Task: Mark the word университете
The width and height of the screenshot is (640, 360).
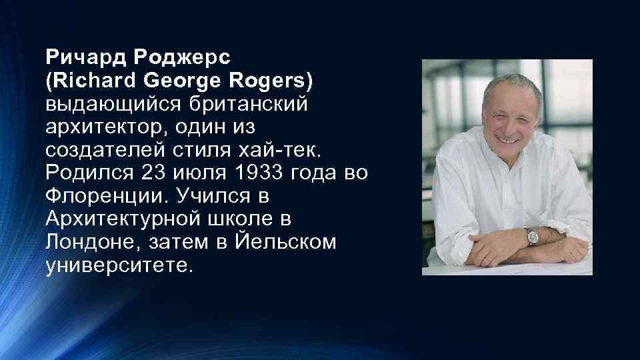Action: [x=118, y=266]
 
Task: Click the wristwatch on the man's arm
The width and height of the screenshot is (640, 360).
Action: [x=531, y=236]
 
